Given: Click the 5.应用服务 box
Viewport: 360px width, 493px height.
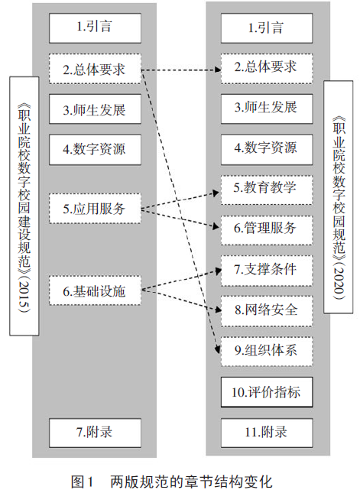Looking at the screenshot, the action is tap(95, 209).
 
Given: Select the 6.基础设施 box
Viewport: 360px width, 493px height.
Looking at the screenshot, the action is tap(95, 290).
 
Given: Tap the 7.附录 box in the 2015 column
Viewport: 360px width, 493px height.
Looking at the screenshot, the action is tap(95, 433).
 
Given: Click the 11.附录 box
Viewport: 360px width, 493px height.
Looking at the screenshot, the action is tap(267, 433).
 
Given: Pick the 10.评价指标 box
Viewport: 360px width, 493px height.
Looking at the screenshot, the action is tap(267, 392).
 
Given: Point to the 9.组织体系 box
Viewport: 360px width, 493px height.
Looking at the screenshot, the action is tap(267, 351).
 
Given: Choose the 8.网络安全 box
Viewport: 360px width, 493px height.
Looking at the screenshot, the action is tap(267, 310).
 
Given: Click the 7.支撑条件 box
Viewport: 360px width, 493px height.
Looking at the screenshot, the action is tap(267, 271).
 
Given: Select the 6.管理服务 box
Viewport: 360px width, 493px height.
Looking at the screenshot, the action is tap(267, 230).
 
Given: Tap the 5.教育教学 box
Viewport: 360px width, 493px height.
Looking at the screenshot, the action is tap(267, 190).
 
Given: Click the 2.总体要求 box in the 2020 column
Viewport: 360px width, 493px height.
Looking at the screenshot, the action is tap(267, 69).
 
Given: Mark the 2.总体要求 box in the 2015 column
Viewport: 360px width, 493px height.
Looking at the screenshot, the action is tap(95, 69).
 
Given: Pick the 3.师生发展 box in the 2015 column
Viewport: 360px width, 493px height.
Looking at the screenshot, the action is tap(95, 109).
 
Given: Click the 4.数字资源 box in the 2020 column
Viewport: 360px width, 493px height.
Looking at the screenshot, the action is tap(267, 149).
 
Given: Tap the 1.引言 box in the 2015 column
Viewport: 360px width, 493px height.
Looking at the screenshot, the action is tap(95, 28).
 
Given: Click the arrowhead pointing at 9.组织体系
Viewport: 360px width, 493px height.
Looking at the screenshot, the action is tap(217, 349).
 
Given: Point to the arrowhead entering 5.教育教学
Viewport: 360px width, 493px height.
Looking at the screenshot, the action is tap(216, 193).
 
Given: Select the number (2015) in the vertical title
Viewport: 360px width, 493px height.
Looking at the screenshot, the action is tap(24, 296).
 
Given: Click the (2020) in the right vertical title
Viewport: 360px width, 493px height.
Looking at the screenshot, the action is tap(339, 281).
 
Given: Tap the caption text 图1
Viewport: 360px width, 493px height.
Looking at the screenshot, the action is tap(83, 482).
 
